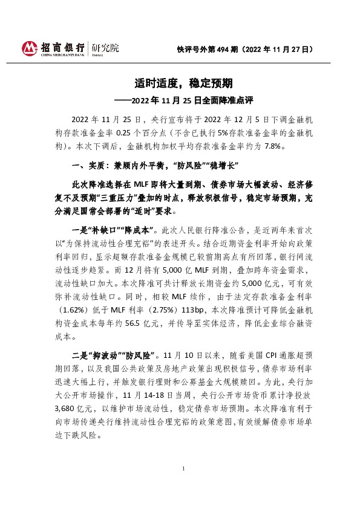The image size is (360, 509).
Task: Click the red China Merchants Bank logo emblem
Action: pyautogui.click(x=28, y=48)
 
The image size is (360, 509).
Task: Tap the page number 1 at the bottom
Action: pyautogui.click(x=183, y=485)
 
